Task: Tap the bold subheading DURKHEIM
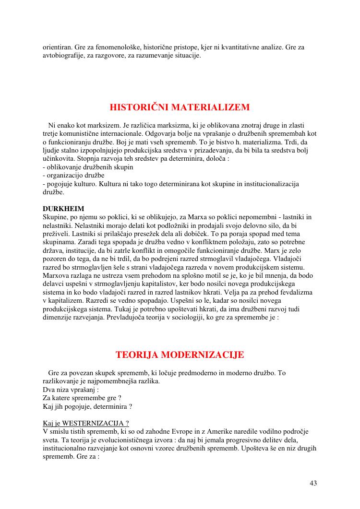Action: (63, 209)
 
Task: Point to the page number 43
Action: (313, 483)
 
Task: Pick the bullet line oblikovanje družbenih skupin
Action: (88, 167)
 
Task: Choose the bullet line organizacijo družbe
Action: (73, 176)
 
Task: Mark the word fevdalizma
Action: (295, 292)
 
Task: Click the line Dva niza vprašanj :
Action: (71, 390)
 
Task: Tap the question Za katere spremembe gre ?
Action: (82, 398)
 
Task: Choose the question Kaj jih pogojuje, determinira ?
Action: (87, 406)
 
